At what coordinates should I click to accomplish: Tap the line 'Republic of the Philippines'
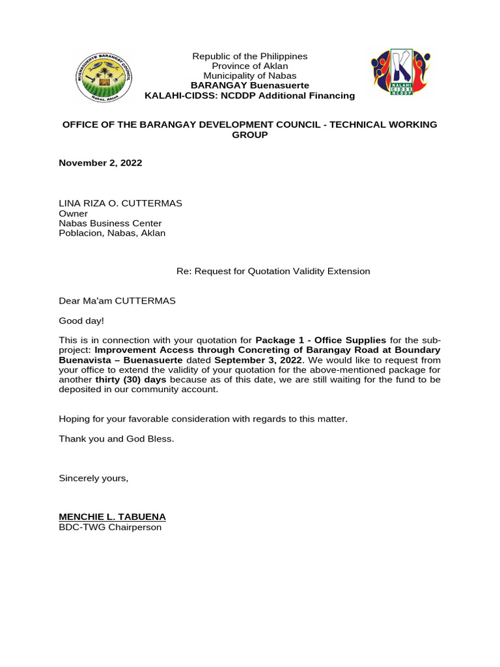click(249, 57)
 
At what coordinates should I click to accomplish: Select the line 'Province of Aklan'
click(249, 66)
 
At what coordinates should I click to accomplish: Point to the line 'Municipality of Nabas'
click(249, 76)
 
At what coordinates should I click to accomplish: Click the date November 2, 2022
click(100, 163)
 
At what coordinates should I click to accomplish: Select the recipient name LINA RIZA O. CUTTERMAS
click(120, 203)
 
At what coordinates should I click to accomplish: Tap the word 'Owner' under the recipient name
click(73, 213)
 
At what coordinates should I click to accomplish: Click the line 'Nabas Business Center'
click(110, 223)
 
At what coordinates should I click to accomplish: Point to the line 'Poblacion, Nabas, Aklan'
click(112, 233)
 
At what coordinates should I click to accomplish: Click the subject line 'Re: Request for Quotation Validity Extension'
click(273, 271)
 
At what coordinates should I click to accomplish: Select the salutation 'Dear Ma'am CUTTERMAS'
click(117, 301)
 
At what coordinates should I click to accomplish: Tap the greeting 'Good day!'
click(81, 321)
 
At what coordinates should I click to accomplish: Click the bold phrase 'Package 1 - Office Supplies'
click(321, 340)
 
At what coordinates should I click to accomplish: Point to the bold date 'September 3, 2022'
click(258, 360)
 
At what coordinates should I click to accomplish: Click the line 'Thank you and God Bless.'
click(117, 439)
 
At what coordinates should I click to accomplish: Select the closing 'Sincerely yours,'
click(94, 478)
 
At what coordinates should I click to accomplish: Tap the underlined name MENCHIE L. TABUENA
click(112, 517)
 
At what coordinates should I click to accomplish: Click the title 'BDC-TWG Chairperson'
click(110, 527)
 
